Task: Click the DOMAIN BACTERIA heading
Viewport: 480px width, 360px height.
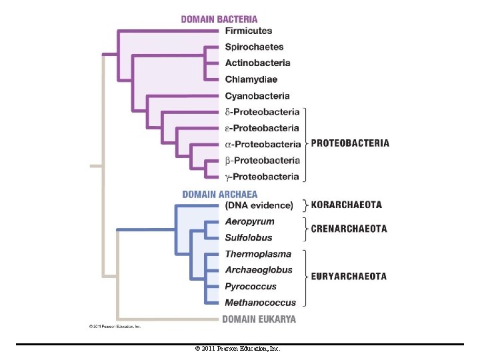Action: [x=219, y=19]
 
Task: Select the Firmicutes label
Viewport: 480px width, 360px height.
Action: [x=249, y=31]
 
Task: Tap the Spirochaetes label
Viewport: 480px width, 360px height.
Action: [x=254, y=47]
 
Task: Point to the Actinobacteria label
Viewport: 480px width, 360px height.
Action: [x=258, y=63]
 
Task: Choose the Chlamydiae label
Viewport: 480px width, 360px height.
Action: [x=251, y=79]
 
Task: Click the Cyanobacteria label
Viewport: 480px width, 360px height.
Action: [x=257, y=96]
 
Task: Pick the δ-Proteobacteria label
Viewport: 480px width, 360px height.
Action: [x=262, y=112]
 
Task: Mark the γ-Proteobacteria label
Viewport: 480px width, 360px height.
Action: [x=262, y=177]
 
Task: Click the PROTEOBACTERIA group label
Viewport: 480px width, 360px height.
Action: [x=350, y=143]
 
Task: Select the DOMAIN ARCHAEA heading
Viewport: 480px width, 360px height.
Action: [x=220, y=195]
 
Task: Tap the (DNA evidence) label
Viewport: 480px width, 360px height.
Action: [x=259, y=205]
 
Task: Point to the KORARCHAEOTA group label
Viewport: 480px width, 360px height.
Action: [x=347, y=205]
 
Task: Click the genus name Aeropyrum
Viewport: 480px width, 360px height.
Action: [x=249, y=221]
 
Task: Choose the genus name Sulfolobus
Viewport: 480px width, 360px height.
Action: [x=249, y=237]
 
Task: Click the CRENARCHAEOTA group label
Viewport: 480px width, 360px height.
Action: [x=349, y=229]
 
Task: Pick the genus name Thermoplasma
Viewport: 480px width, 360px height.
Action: [x=258, y=254]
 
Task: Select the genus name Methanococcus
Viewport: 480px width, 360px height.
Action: [x=261, y=303]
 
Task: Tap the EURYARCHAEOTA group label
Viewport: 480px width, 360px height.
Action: [x=349, y=277]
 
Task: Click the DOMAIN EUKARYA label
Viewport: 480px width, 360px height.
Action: [x=259, y=319]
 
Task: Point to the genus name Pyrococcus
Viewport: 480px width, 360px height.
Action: [x=251, y=287]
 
